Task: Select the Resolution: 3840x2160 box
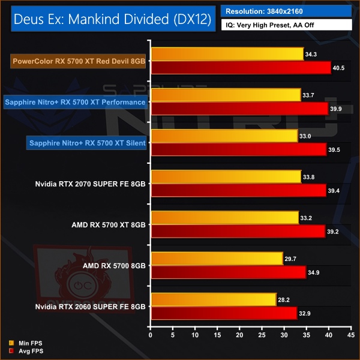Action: [x=286, y=11]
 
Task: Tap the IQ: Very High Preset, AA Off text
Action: [x=286, y=25]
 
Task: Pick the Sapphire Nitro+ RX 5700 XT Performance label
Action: [x=75, y=102]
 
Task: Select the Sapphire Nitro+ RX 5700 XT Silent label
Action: [x=87, y=143]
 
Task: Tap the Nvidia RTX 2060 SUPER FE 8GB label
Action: [x=90, y=306]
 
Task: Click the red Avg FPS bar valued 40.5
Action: [x=240, y=68]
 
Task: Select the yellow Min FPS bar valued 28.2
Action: [x=213, y=299]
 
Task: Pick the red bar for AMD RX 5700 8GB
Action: [x=228, y=272]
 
